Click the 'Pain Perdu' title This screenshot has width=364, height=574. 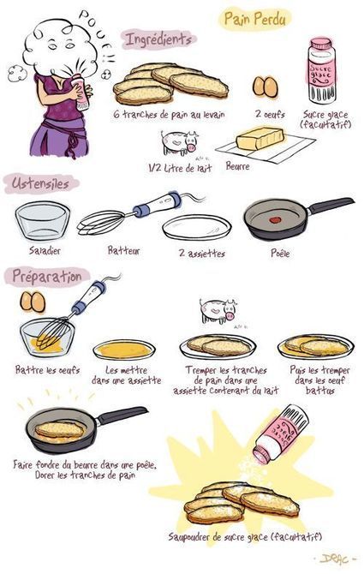[x=254, y=19]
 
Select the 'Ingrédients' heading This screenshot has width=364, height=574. [x=158, y=39]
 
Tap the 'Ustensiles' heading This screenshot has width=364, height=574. [x=40, y=183]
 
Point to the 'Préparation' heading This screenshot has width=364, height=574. [x=47, y=277]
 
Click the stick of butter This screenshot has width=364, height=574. [x=260, y=139]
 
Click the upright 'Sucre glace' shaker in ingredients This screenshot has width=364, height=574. [x=321, y=70]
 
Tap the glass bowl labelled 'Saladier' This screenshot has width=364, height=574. [x=43, y=221]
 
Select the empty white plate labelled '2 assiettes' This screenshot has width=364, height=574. [x=196, y=228]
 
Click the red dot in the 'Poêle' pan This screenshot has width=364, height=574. [x=275, y=220]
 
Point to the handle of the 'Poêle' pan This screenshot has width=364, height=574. [x=331, y=206]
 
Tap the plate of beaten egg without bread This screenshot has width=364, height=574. [x=124, y=350]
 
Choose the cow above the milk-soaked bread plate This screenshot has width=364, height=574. [x=218, y=311]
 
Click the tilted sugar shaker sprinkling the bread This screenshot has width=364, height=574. [x=281, y=433]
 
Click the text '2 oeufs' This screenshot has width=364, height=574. [x=270, y=114]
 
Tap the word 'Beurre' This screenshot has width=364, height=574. [x=237, y=166]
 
